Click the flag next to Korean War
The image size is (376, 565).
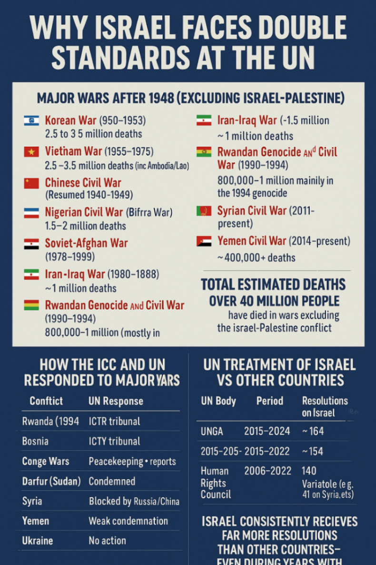[31, 120]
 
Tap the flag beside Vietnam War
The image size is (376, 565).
[31, 152]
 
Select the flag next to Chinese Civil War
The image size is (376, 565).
[31, 183]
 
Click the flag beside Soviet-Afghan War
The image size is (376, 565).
[31, 244]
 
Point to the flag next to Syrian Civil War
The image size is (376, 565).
[204, 211]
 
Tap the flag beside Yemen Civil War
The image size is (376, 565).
[204, 241]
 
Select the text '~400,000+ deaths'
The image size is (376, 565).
[257, 258]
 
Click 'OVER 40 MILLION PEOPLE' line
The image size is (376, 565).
[274, 301]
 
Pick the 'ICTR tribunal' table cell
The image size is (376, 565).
[114, 421]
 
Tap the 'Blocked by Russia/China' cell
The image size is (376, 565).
[134, 501]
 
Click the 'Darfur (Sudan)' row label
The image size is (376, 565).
[51, 481]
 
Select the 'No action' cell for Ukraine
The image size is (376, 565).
[107, 541]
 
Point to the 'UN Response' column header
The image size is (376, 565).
[116, 401]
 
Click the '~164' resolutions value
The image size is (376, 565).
[312, 431]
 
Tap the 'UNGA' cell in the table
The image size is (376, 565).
[212, 431]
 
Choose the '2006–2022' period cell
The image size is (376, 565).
[267, 471]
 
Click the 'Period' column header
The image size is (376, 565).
[269, 401]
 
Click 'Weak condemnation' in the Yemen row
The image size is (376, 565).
[128, 521]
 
